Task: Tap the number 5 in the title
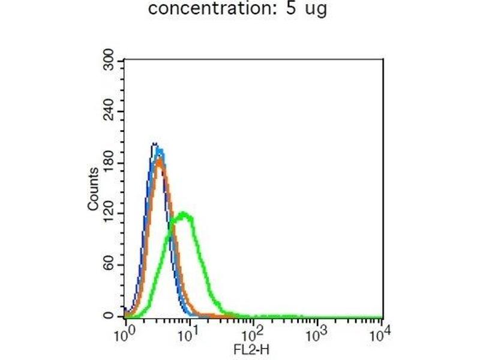click(x=292, y=10)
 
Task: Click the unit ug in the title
click(x=316, y=11)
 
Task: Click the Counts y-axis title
click(x=93, y=190)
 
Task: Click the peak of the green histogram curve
click(x=185, y=214)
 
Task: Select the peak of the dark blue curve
click(x=154, y=143)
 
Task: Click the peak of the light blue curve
click(x=160, y=149)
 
